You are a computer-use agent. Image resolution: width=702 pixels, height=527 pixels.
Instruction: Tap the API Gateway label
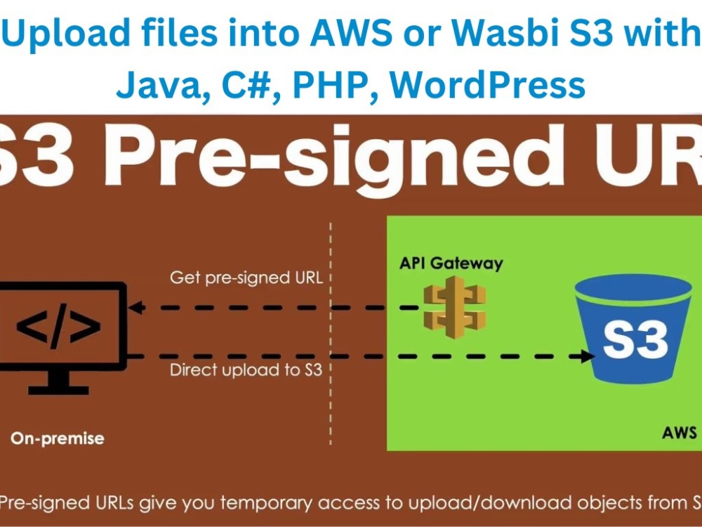pos(451,263)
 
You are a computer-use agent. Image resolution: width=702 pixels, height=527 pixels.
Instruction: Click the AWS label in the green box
pos(680,431)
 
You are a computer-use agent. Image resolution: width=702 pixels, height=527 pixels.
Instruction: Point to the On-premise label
pos(57,438)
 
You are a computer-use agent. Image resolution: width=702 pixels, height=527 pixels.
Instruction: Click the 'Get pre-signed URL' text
pos(246,278)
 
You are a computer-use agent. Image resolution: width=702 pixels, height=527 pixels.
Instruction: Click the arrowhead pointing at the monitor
pos(137,307)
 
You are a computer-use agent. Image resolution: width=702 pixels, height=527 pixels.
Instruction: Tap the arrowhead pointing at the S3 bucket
pos(587,356)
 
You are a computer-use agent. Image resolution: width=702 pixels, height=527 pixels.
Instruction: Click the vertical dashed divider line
pos(331,337)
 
